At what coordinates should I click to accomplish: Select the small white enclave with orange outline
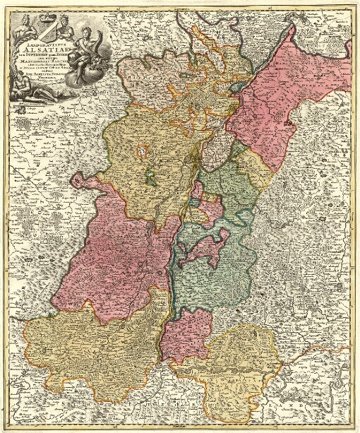143,150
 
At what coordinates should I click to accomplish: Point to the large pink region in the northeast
272,99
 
